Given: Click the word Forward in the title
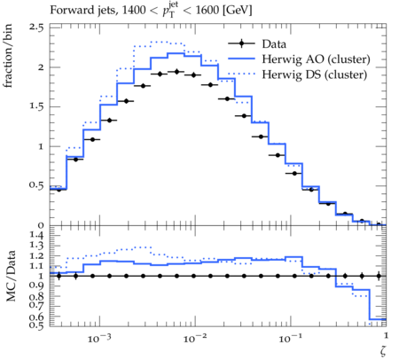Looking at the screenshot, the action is click(x=68, y=10).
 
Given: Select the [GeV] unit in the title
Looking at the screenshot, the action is click(x=237, y=11).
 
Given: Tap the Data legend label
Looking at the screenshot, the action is click(x=274, y=44).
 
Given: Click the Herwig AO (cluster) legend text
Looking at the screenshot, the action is click(x=316, y=59).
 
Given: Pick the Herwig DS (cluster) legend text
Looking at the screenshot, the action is click(x=315, y=74).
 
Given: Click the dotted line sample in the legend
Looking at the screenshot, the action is click(x=241, y=74).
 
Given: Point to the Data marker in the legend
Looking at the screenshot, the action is click(x=241, y=43).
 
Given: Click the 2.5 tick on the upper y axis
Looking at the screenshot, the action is click(x=36, y=27).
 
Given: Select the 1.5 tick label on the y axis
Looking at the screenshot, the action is click(x=36, y=106).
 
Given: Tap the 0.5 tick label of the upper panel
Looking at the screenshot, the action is click(x=36, y=185).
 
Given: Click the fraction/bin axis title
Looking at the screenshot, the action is click(x=8, y=56).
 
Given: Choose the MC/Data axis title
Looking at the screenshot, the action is click(x=11, y=276).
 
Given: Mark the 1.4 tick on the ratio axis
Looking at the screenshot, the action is click(x=36, y=235).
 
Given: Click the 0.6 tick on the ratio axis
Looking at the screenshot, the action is click(x=36, y=317).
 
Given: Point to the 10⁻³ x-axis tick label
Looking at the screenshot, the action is click(x=99, y=338).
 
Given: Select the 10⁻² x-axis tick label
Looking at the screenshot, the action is click(x=195, y=338).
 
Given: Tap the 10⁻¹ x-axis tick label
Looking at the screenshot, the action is click(x=291, y=338).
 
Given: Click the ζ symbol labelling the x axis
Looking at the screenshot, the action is click(x=383, y=350).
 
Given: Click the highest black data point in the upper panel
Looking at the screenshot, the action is click(x=176, y=72).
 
